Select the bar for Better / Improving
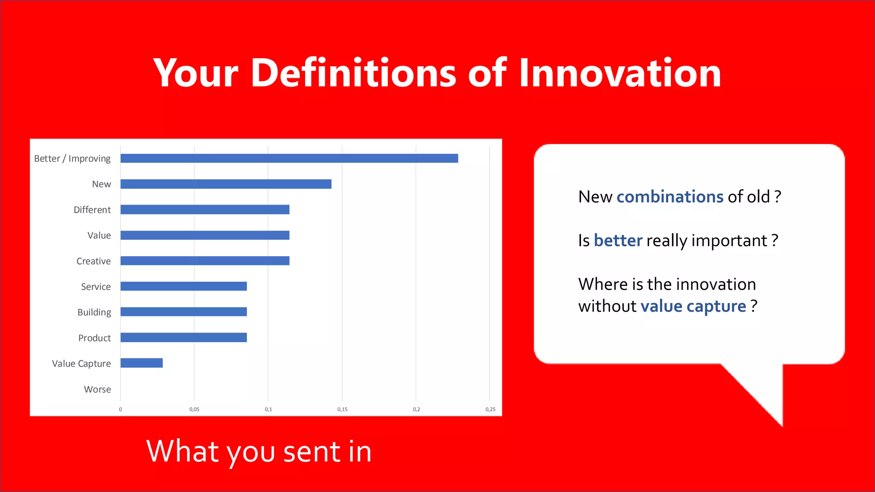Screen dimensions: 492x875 289,158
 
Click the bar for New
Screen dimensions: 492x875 226,184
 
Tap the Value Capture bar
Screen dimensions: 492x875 141,363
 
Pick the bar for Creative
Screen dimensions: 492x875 205,261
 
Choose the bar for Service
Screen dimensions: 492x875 183,286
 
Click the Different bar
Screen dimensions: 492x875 205,209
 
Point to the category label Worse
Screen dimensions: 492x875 97,389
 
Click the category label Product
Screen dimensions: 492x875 94,338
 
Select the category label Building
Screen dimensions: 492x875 94,312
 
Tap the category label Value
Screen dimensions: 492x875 99,235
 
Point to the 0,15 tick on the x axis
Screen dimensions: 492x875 342,409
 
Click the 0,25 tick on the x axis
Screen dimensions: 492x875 490,409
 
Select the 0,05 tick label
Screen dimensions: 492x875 194,409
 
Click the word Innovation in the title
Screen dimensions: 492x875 620,73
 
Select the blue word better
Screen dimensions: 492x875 618,240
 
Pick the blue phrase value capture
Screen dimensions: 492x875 693,306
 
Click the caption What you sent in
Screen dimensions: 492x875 259,451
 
